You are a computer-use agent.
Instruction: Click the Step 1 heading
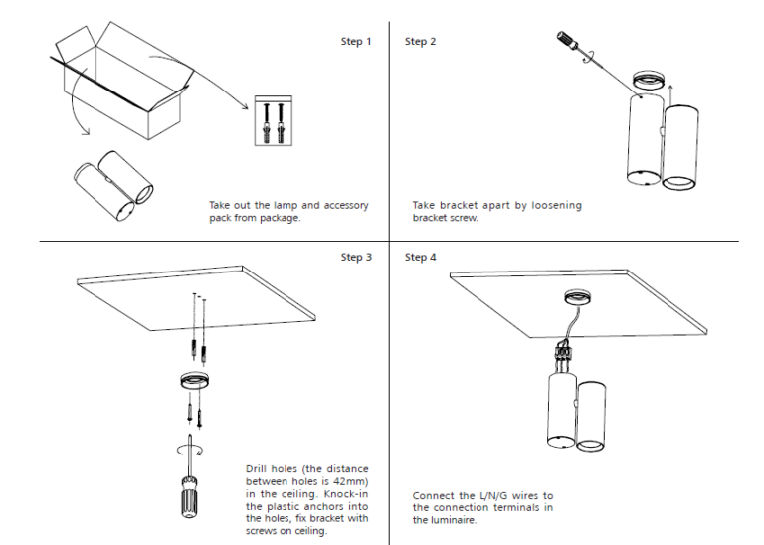tap(356, 42)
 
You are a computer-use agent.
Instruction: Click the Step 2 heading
tap(420, 42)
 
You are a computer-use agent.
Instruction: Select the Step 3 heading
tap(356, 257)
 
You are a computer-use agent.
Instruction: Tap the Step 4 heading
tap(420, 257)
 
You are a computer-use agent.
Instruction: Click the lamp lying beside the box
tap(111, 184)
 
